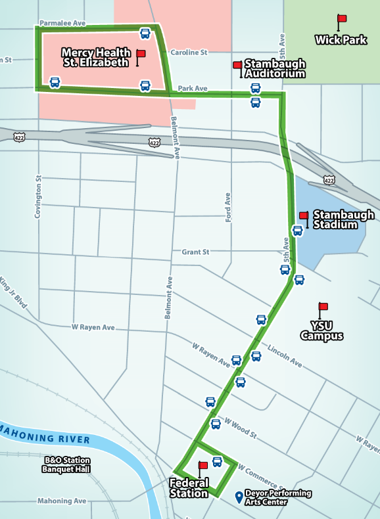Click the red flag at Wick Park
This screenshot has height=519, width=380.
[x=341, y=20]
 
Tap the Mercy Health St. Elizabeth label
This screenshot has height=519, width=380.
[x=95, y=57]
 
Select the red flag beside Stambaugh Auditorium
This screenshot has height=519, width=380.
[x=237, y=65]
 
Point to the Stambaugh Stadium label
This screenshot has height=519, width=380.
[x=343, y=219]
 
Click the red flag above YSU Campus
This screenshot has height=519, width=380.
[x=323, y=307]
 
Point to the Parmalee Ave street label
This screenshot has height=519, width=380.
[x=62, y=22]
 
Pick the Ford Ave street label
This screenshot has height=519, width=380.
[x=228, y=207]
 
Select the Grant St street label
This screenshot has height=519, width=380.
[x=195, y=252]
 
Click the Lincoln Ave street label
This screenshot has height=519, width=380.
[x=284, y=355]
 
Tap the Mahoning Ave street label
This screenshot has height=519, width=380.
[x=62, y=501]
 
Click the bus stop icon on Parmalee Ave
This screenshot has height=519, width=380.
[x=145, y=33]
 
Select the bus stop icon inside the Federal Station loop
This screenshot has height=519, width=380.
[x=217, y=462]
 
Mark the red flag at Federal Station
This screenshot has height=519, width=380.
[x=202, y=466]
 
